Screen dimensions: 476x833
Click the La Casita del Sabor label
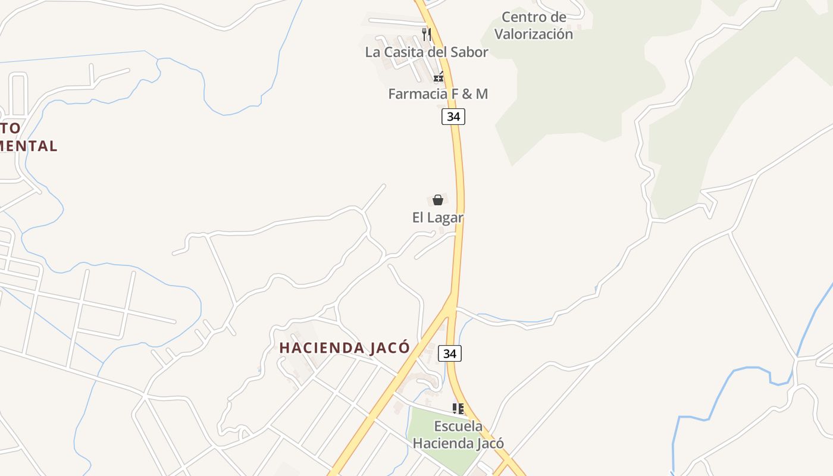[426, 52]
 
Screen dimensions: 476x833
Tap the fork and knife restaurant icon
[426, 34]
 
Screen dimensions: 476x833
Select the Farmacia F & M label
[438, 94]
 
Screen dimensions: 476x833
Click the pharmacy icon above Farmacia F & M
[439, 77]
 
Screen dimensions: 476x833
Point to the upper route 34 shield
[453, 117]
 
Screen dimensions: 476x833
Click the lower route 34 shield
[450, 353]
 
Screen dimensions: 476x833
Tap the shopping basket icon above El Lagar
[438, 200]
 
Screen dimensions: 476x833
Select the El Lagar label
[438, 218]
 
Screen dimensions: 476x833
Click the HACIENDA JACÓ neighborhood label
[345, 348]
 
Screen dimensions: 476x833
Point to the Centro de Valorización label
[534, 26]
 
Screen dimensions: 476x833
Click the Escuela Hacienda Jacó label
[458, 435]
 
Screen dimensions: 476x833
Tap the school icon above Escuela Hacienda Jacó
[458, 408]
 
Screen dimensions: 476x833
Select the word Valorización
[534, 35]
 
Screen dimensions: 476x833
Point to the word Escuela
[458, 427]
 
